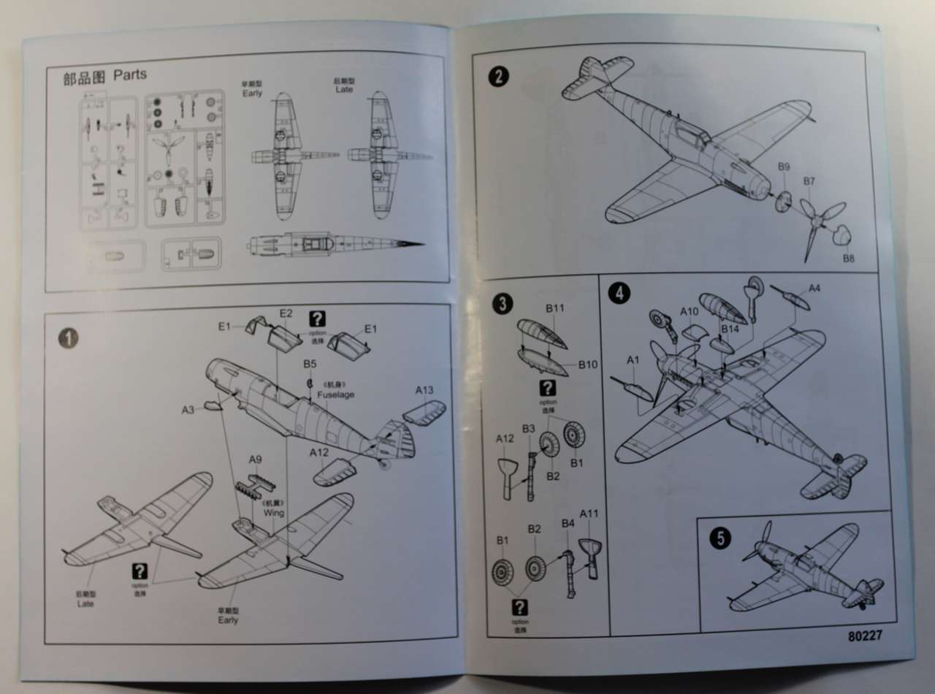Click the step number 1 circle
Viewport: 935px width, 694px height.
(x=67, y=338)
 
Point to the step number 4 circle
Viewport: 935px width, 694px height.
(x=619, y=293)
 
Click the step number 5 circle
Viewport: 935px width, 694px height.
(x=720, y=538)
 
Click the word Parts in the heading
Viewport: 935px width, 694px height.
(x=130, y=75)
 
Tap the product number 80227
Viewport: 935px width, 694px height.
(x=866, y=635)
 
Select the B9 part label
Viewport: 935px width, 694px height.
(x=783, y=167)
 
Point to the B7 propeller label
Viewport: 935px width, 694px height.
(x=809, y=181)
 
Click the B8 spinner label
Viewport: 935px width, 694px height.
(x=848, y=259)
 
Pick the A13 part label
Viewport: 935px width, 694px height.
(x=424, y=390)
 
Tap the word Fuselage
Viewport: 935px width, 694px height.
(x=337, y=394)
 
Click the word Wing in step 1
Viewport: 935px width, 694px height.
(x=275, y=514)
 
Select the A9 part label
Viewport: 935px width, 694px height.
(x=255, y=460)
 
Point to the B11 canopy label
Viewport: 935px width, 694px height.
(x=555, y=308)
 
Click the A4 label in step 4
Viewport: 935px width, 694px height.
(x=814, y=289)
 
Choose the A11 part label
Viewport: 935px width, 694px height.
(x=589, y=514)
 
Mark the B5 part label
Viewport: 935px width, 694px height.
(x=310, y=363)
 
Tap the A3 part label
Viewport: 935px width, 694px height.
(x=188, y=410)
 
